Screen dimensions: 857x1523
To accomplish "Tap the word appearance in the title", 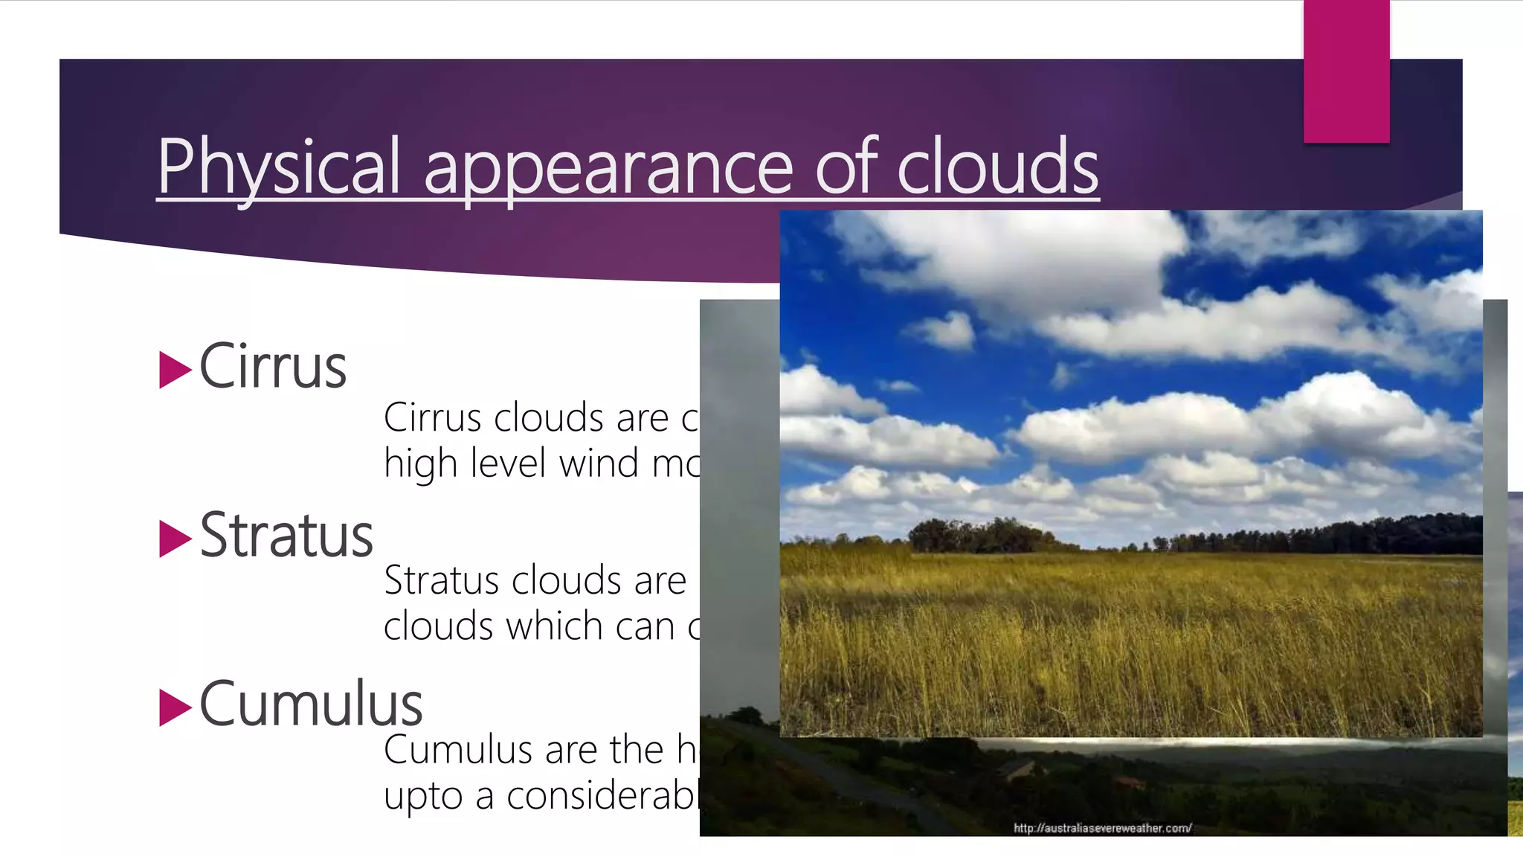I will tap(609, 168).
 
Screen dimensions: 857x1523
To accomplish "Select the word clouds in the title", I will tap(997, 167).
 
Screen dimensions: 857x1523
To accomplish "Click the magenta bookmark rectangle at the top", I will tap(1346, 71).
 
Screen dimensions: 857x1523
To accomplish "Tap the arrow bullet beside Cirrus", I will tap(175, 370).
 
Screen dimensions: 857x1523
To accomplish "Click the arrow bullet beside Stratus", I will tap(175, 539).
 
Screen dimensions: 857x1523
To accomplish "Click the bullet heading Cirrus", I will tap(273, 367).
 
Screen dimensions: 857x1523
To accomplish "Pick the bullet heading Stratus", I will tap(286, 536).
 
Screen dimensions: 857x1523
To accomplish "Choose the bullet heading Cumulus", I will tap(311, 704).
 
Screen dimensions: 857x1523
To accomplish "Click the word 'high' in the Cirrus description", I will tap(420, 464).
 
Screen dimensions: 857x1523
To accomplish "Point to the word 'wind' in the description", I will tap(599, 463).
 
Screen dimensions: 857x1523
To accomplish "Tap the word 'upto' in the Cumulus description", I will tap(424, 797).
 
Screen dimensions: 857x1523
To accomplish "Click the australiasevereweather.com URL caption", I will tap(1102, 828).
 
